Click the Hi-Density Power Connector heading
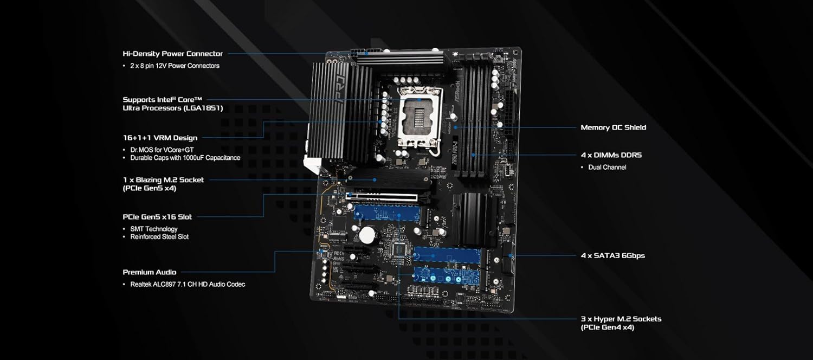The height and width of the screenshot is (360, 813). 172,54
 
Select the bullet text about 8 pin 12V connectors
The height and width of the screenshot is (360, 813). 175,66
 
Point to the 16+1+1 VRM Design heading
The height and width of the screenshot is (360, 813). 160,138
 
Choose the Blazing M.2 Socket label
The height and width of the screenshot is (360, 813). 163,179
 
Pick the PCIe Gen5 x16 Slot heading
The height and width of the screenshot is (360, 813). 157,217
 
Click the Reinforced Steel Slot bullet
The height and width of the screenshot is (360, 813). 159,237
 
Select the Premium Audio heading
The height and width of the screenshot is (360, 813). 149,272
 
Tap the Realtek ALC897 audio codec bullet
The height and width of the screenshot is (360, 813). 188,284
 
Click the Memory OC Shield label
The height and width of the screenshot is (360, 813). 613,127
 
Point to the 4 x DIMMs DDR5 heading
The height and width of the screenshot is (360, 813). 611,155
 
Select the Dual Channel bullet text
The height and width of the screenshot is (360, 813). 607,167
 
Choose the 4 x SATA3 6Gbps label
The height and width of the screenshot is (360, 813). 612,255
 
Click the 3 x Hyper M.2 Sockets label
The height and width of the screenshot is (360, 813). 621,319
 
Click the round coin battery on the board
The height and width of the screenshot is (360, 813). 369,234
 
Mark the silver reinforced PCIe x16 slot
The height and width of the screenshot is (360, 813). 382,196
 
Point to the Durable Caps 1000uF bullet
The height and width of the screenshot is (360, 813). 185,158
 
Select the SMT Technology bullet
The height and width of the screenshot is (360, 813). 154,229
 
